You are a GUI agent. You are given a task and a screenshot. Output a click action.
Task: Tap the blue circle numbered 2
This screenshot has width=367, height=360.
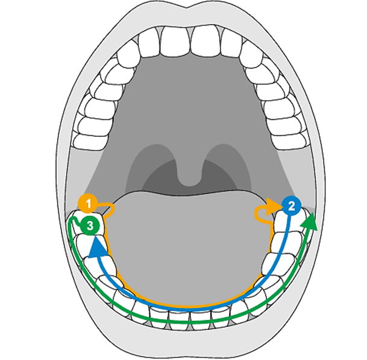pyautogui.click(x=292, y=206)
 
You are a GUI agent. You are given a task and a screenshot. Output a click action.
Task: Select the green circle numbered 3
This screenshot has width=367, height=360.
pyautogui.click(x=90, y=226)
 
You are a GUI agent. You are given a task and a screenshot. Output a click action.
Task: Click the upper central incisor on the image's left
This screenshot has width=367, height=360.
pyautogui.click(x=175, y=41)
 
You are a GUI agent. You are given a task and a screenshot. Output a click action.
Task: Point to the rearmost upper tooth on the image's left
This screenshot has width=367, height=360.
pyautogui.click(x=91, y=142)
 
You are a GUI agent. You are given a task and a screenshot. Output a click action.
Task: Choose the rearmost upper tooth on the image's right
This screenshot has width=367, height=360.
pyautogui.click(x=289, y=141)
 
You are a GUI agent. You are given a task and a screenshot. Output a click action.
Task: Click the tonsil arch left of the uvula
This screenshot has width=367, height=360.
pyautogui.click(x=150, y=164)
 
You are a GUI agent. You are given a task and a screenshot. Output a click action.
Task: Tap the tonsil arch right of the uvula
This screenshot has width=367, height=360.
pyautogui.click(x=228, y=164)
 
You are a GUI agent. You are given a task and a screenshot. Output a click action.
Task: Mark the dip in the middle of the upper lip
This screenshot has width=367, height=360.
pyautogui.click(x=187, y=7)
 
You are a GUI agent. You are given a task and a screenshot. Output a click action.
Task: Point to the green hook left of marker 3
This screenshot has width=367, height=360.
pyautogui.click(x=75, y=221)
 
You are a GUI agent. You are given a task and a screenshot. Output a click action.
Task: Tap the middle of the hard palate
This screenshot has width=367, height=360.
pyautogui.click(x=190, y=98)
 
